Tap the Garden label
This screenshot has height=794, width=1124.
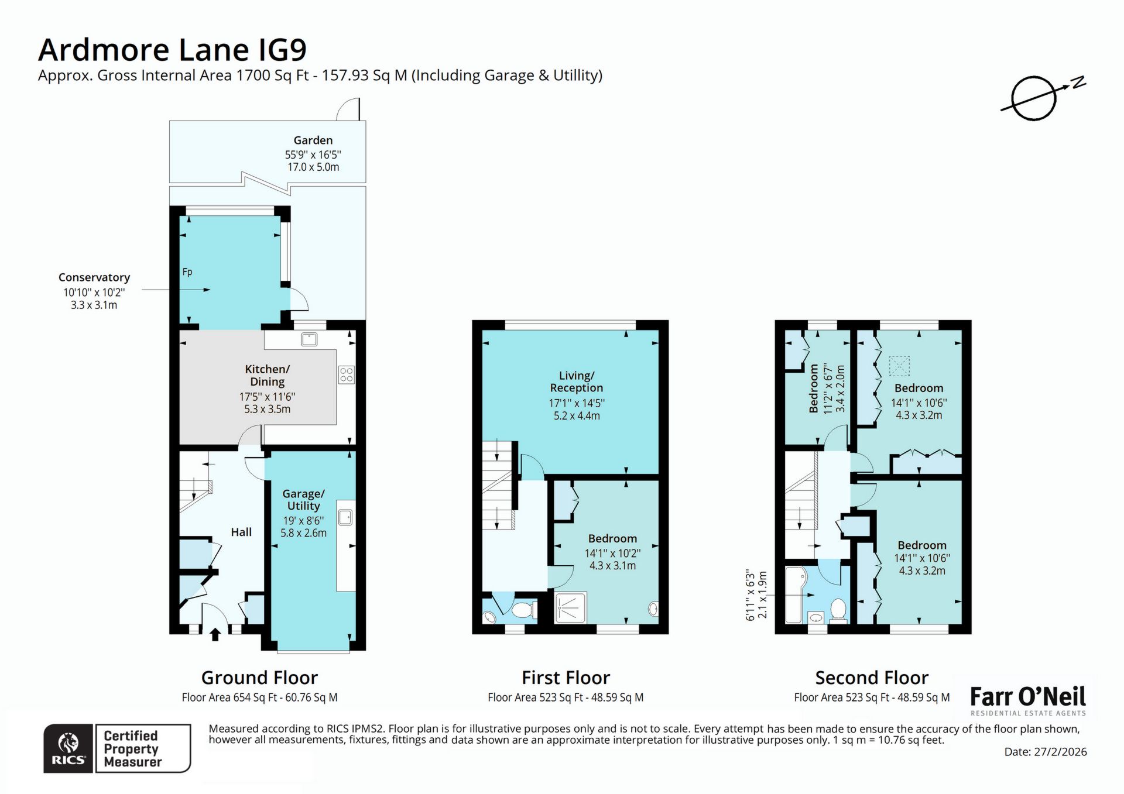click(313, 140)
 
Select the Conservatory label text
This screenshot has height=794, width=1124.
click(94, 277)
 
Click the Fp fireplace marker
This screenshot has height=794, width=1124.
click(187, 272)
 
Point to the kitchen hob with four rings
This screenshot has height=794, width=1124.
click(346, 374)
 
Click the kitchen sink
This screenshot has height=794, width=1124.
click(309, 339)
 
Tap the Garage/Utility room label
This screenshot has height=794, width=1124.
click(303, 500)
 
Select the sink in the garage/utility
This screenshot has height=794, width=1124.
click(345, 517)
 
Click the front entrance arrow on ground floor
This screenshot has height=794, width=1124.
click(215, 634)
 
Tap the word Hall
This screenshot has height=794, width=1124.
click(241, 532)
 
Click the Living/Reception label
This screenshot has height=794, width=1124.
click(576, 381)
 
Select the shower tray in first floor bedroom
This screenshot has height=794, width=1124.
click(570, 607)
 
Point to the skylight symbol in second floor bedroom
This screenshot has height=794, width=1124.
click(899, 366)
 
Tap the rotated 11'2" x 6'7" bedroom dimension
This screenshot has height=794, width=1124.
click(827, 389)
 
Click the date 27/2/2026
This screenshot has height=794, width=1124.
click(1045, 752)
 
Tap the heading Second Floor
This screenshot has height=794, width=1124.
click(871, 678)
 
